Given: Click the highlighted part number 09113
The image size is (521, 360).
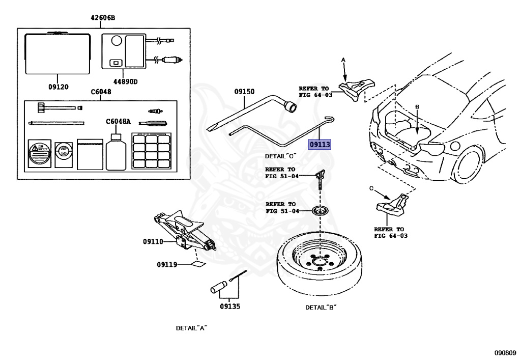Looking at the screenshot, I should point(320,145).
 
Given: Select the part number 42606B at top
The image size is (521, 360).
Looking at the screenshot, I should point(103,18).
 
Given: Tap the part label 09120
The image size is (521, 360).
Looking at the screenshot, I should point(59,87).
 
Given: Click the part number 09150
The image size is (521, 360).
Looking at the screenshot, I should point(244,92).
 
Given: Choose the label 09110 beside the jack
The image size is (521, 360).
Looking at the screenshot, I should point(153,241).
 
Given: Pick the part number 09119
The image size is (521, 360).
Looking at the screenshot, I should point(167,264).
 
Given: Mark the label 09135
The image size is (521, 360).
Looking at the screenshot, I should point(230,307).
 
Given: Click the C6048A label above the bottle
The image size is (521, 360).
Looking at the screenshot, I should point(118,121).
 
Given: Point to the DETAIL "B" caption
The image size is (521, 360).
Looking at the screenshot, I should point(321,308).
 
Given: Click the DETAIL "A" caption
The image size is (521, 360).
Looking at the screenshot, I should point(190,328).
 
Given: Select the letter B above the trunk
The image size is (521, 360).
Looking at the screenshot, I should point(417,106).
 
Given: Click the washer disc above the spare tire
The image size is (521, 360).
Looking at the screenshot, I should point(320,211).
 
